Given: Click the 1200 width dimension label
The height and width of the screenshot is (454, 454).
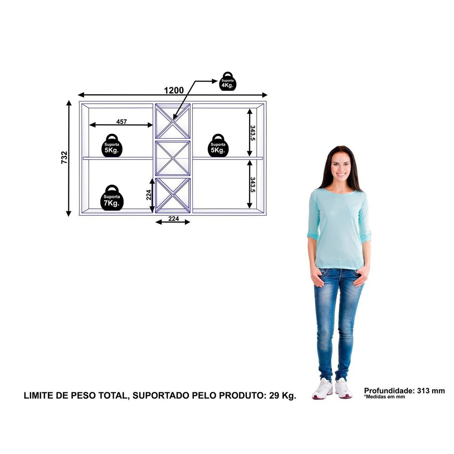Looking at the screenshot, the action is pos(174,90).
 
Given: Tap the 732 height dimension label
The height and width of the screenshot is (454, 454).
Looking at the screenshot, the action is pos(64,157).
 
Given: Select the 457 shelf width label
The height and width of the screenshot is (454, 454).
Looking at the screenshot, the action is pos(121,121).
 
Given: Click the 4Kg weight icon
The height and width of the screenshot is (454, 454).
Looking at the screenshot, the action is pos(227,82).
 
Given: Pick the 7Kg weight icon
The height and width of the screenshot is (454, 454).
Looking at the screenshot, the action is pos(112,198).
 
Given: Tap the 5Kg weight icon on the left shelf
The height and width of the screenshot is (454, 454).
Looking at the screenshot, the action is pos(112,145).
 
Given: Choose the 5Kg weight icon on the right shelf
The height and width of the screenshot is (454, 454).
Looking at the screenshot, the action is pos(218,145).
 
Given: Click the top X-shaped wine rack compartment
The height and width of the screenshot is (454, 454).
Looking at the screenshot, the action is pos(173,121).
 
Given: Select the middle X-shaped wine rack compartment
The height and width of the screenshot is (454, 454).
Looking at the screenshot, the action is pos(173,158).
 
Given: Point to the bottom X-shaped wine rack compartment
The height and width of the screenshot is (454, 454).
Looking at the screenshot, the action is pos(173,196).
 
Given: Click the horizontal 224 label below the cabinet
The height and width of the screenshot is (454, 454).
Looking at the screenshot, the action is pos(173,219).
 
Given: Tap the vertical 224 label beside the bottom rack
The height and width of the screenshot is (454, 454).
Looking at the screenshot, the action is pos(149,195).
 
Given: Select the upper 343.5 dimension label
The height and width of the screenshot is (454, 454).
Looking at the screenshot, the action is pos(253,133).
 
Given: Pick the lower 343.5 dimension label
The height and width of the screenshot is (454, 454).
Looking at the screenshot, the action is pos(253,185).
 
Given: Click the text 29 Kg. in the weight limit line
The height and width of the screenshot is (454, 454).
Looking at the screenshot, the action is pos(282,395).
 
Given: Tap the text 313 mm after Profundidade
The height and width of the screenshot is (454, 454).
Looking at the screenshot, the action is pos(431,391).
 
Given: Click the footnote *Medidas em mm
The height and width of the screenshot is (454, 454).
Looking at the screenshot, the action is pos(384,397).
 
